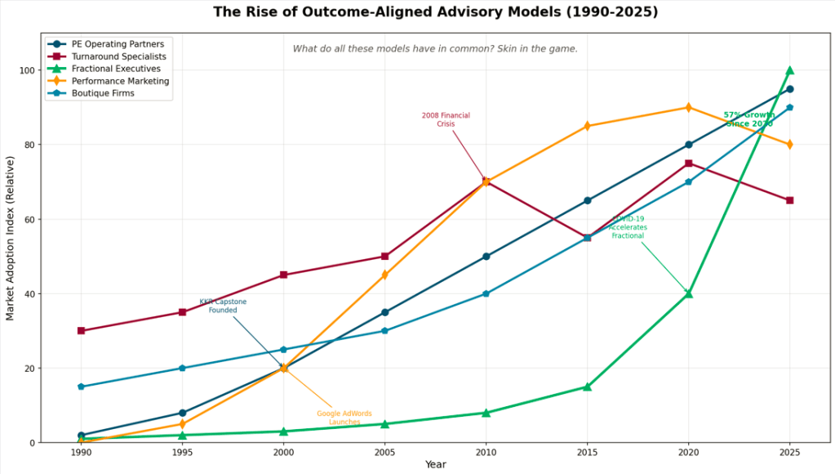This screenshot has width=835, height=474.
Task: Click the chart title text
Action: click(435, 12)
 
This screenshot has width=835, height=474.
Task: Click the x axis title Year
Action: click(435, 464)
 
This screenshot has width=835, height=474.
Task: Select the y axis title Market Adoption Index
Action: click(11, 237)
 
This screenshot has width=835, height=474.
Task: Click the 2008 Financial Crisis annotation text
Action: click(446, 119)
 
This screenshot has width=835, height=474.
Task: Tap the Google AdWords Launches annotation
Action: click(344, 418)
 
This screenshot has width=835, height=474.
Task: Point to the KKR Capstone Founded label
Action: click(223, 306)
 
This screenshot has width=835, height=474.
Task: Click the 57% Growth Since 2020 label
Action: click(748, 119)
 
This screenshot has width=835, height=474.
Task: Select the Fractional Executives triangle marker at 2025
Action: click(789, 70)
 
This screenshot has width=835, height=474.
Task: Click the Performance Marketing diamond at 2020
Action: click(688, 107)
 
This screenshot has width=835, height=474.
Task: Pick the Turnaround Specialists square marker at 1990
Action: click(81, 331)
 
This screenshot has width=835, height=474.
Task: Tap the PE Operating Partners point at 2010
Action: click(486, 257)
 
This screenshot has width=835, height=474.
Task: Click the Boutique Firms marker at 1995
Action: click(182, 368)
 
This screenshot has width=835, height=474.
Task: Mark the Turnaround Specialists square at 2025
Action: click(789, 200)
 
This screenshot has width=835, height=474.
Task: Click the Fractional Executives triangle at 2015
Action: click(587, 387)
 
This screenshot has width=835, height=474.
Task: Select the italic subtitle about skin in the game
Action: click(435, 49)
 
